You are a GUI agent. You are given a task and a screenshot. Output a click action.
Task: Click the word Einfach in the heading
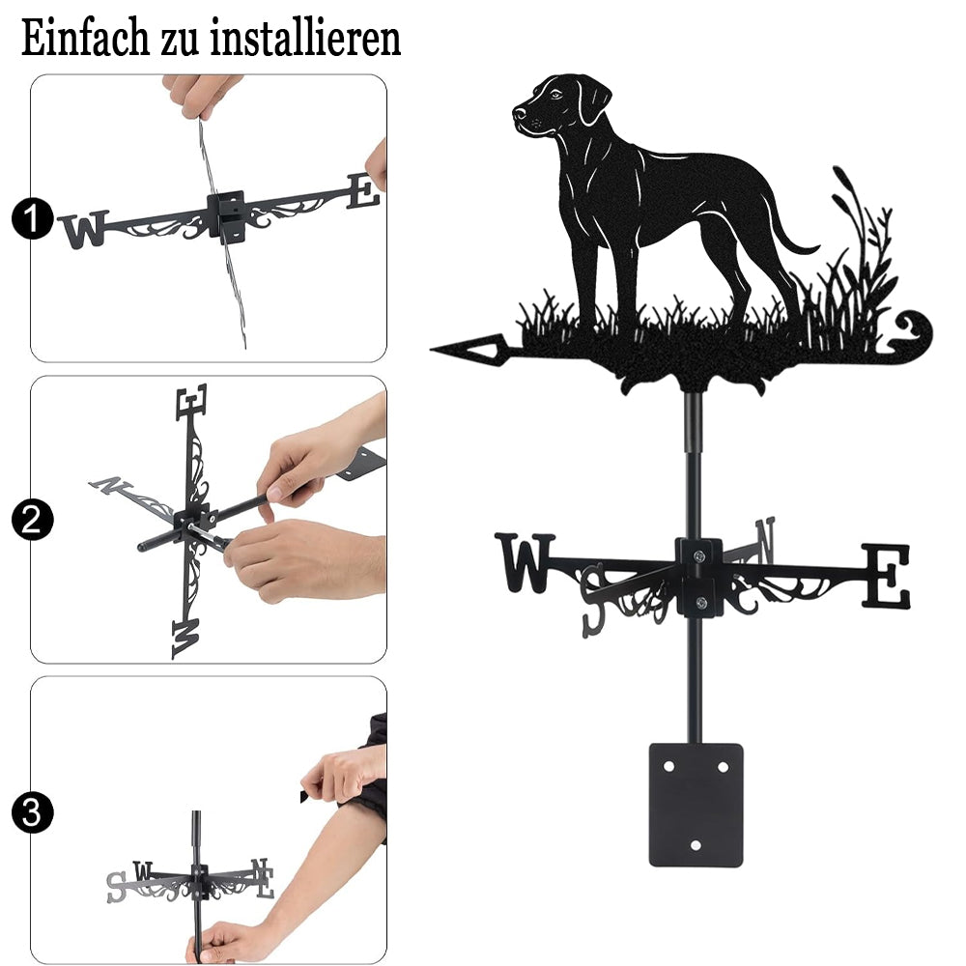(85, 38)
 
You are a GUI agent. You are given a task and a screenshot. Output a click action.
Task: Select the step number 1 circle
(32, 218)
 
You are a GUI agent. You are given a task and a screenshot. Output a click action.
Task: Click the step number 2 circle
(32, 520)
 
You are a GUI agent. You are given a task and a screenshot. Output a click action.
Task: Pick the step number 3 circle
(32, 812)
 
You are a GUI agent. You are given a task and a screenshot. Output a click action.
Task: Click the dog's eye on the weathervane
(556, 95)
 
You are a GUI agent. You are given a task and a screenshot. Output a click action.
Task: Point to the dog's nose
(520, 113)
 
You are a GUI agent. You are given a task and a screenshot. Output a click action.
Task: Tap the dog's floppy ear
(593, 99)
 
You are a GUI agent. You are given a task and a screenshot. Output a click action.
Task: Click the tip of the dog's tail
(817, 247)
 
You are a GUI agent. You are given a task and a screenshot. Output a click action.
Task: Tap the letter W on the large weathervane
(526, 562)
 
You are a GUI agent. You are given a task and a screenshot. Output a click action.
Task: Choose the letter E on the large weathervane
(885, 576)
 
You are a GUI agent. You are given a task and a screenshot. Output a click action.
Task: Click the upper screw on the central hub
(698, 556)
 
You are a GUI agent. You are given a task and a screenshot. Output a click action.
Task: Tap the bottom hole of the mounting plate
(696, 845)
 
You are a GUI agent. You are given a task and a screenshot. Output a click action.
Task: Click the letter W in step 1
(84, 229)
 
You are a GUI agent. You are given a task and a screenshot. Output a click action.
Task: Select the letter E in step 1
(363, 191)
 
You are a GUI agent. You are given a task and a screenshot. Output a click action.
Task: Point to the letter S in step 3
(116, 887)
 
